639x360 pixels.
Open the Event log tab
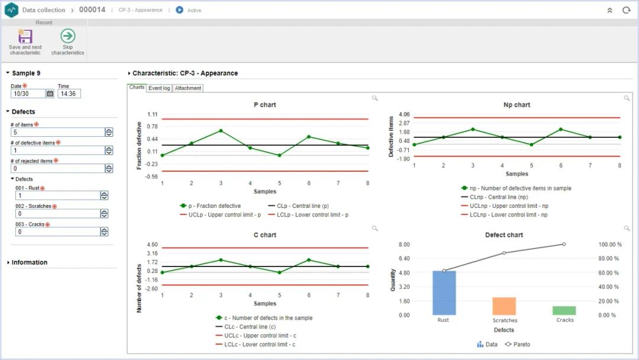tap(159, 88)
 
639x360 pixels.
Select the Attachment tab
tap(188, 88)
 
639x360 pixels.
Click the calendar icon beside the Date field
tap(50, 94)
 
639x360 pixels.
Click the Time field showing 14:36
tap(69, 94)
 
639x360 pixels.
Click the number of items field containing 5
tap(57, 133)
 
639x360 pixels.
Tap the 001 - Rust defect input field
tap(57, 195)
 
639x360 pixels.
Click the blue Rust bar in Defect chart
tap(444, 292)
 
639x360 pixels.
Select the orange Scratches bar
tap(504, 306)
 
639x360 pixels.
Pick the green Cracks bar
tap(564, 310)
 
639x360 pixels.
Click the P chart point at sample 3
tap(221, 130)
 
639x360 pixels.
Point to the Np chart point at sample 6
tap(560, 129)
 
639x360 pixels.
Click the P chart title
tap(264, 105)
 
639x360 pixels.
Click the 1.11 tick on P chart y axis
tap(152, 114)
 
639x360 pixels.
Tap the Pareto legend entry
tap(518, 344)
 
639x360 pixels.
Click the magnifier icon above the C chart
tap(375, 228)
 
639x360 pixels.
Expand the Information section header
tap(30, 262)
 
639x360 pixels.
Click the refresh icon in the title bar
tap(626, 10)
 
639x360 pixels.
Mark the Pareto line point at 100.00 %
tap(564, 244)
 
